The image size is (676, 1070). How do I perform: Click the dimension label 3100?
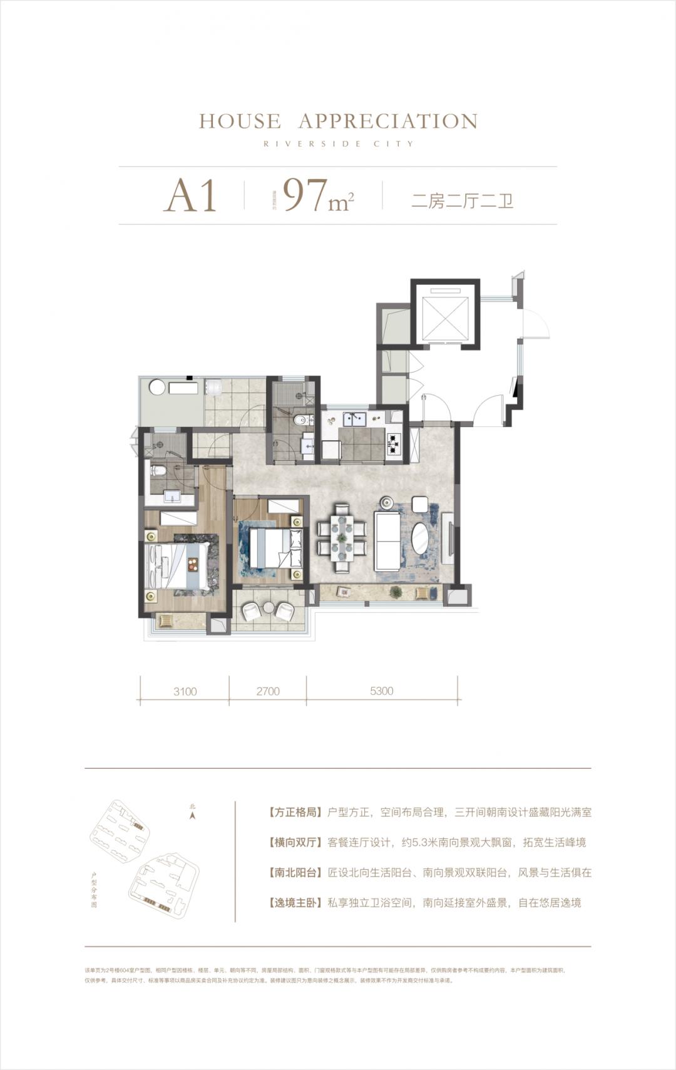tap(185, 691)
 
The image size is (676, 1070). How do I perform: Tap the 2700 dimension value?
tap(268, 691)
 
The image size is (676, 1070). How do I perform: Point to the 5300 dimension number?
tap(381, 691)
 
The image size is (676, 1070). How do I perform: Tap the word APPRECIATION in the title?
tap(388, 121)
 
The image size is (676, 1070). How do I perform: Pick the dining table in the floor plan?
tap(342, 538)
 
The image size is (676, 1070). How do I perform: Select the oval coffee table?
tap(421, 538)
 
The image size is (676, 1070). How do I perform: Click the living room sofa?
tap(387, 540)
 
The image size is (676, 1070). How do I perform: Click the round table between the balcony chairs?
tap(268, 607)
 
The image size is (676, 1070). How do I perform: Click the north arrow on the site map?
tap(193, 815)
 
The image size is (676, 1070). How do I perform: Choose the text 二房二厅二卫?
tap(462, 201)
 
